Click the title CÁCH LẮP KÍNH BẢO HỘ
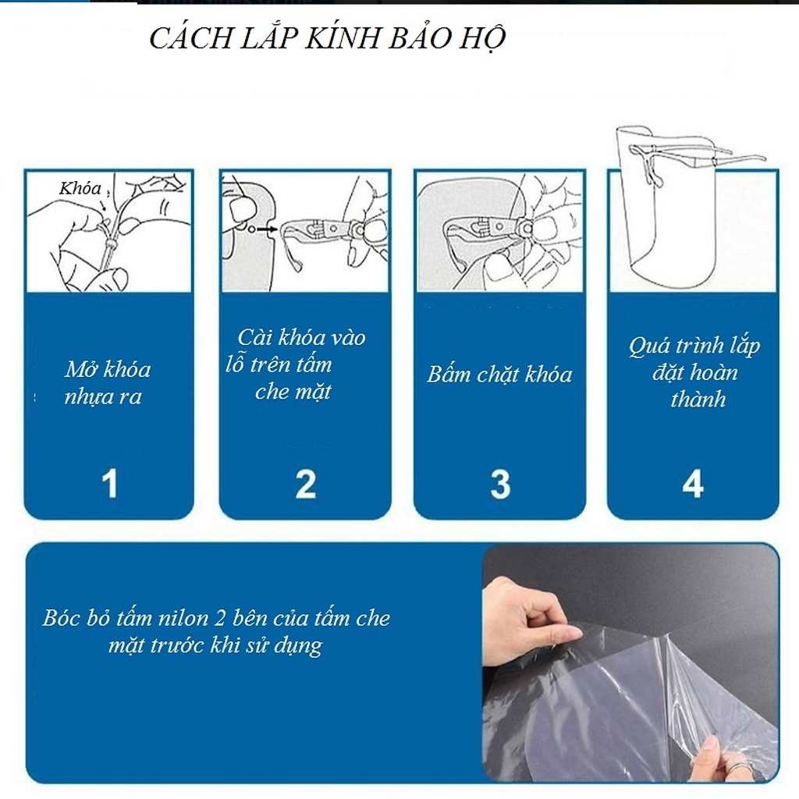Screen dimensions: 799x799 pyautogui.click(x=328, y=38)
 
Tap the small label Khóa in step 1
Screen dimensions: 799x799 pyautogui.click(x=80, y=188)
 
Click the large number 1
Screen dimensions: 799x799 pyautogui.click(x=110, y=483)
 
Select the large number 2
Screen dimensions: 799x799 pyautogui.click(x=305, y=483)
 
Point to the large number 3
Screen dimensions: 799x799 pyautogui.click(x=499, y=483)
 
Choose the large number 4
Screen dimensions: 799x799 pyautogui.click(x=693, y=483)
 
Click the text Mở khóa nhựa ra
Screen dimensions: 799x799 pyautogui.click(x=107, y=382)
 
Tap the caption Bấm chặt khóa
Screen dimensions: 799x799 pyautogui.click(x=499, y=375)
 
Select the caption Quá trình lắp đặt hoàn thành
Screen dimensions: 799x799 pyautogui.click(x=694, y=372)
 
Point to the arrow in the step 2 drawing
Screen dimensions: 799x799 pyautogui.click(x=268, y=229)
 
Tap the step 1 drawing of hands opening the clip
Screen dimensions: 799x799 pyautogui.click(x=108, y=231)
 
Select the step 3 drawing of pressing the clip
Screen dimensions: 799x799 pyautogui.click(x=499, y=231)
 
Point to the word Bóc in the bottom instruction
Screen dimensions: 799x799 pyautogui.click(x=59, y=619)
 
